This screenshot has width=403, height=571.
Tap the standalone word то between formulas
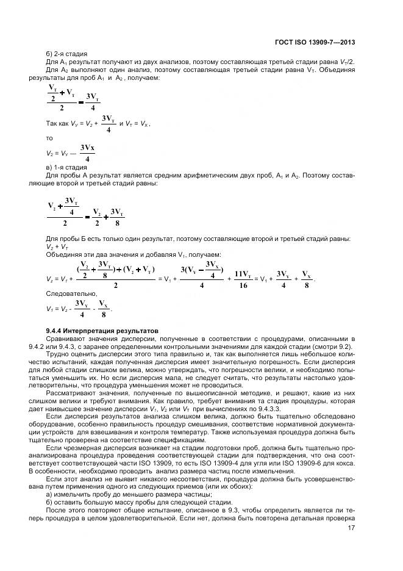pos(49,138)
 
